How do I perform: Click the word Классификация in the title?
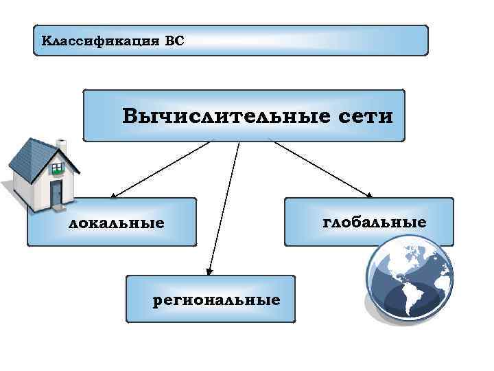coord(100,41)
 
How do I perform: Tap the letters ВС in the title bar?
coord(175,41)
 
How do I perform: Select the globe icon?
coord(408,282)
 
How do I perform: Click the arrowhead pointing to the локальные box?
coord(110,196)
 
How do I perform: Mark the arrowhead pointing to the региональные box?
coord(210,273)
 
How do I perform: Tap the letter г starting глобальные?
coord(325,222)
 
